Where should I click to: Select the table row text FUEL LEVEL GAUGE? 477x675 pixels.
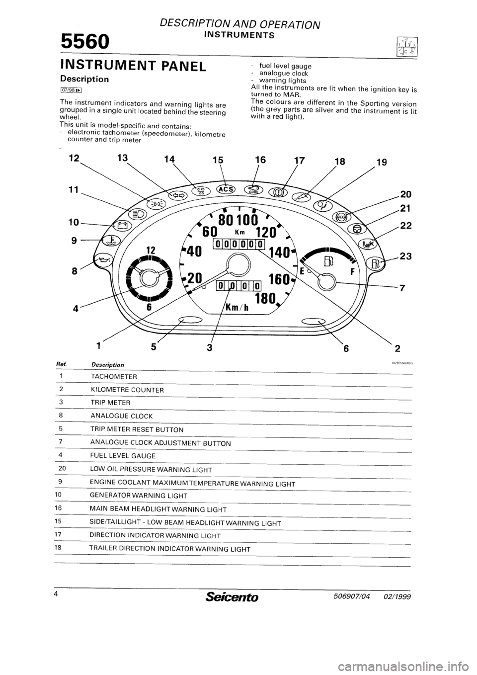pos(123,455)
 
